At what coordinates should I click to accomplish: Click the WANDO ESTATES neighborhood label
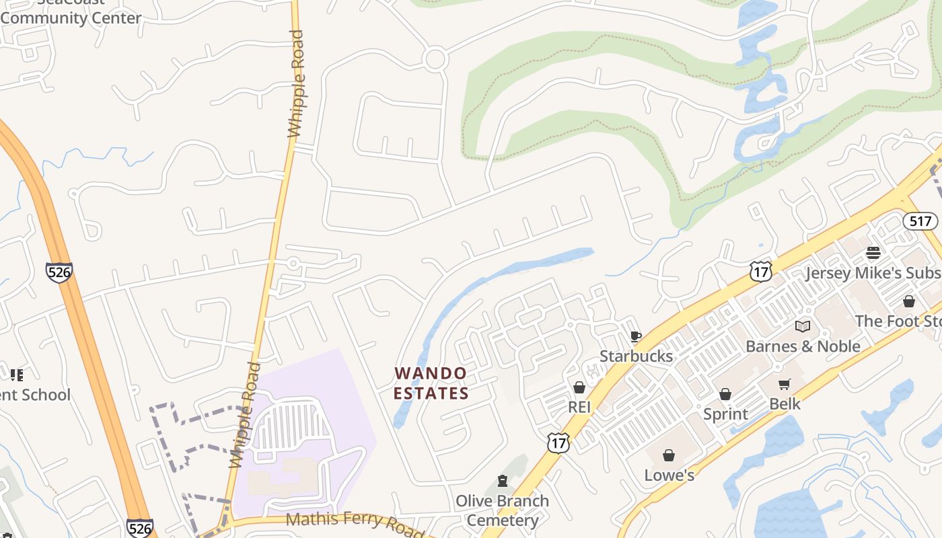click(431, 383)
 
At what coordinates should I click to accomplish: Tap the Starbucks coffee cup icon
click(635, 337)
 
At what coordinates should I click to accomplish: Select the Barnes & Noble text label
click(803, 346)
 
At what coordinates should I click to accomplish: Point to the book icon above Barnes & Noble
click(802, 326)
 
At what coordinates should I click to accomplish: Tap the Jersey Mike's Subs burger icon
click(873, 253)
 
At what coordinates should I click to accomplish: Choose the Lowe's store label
click(669, 475)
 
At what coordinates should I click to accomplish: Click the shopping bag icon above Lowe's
click(669, 455)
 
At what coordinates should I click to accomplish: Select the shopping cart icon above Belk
click(785, 384)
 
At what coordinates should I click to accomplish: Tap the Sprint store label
click(725, 414)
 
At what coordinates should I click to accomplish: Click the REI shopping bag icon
click(579, 387)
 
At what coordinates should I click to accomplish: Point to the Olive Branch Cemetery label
click(502, 510)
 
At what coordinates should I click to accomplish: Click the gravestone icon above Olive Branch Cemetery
click(502, 481)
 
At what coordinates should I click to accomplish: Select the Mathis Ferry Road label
click(355, 523)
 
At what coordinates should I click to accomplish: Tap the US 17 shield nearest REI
click(558, 442)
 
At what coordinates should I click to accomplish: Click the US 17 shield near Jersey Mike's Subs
click(760, 272)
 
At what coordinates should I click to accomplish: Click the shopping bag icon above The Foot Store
click(908, 301)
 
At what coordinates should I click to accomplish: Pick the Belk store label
click(785, 403)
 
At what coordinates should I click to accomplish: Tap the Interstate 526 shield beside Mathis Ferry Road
click(139, 528)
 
